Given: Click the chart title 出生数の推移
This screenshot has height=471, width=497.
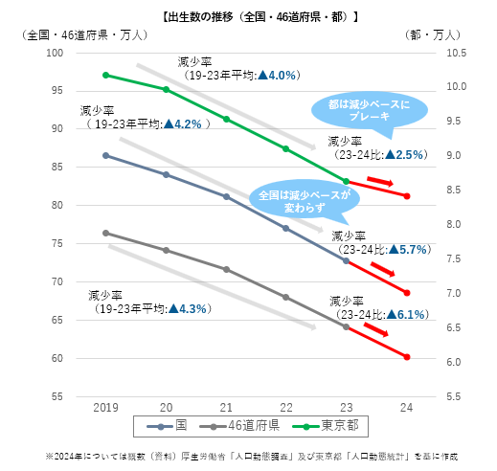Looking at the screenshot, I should coord(248,14).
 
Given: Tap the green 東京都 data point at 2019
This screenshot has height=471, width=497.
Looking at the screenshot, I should coord(105,75).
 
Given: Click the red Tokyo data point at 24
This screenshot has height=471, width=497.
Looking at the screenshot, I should coord(407,195).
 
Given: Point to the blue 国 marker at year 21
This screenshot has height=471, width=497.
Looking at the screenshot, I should coord(226,196).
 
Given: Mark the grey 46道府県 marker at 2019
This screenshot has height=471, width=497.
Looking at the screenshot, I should coord(105,233).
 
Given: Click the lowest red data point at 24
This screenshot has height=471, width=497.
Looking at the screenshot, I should coord(407,357).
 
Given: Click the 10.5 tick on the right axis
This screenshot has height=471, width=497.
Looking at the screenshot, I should coord(452,52).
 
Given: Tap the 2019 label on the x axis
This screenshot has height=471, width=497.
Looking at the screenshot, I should coord(105,408).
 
